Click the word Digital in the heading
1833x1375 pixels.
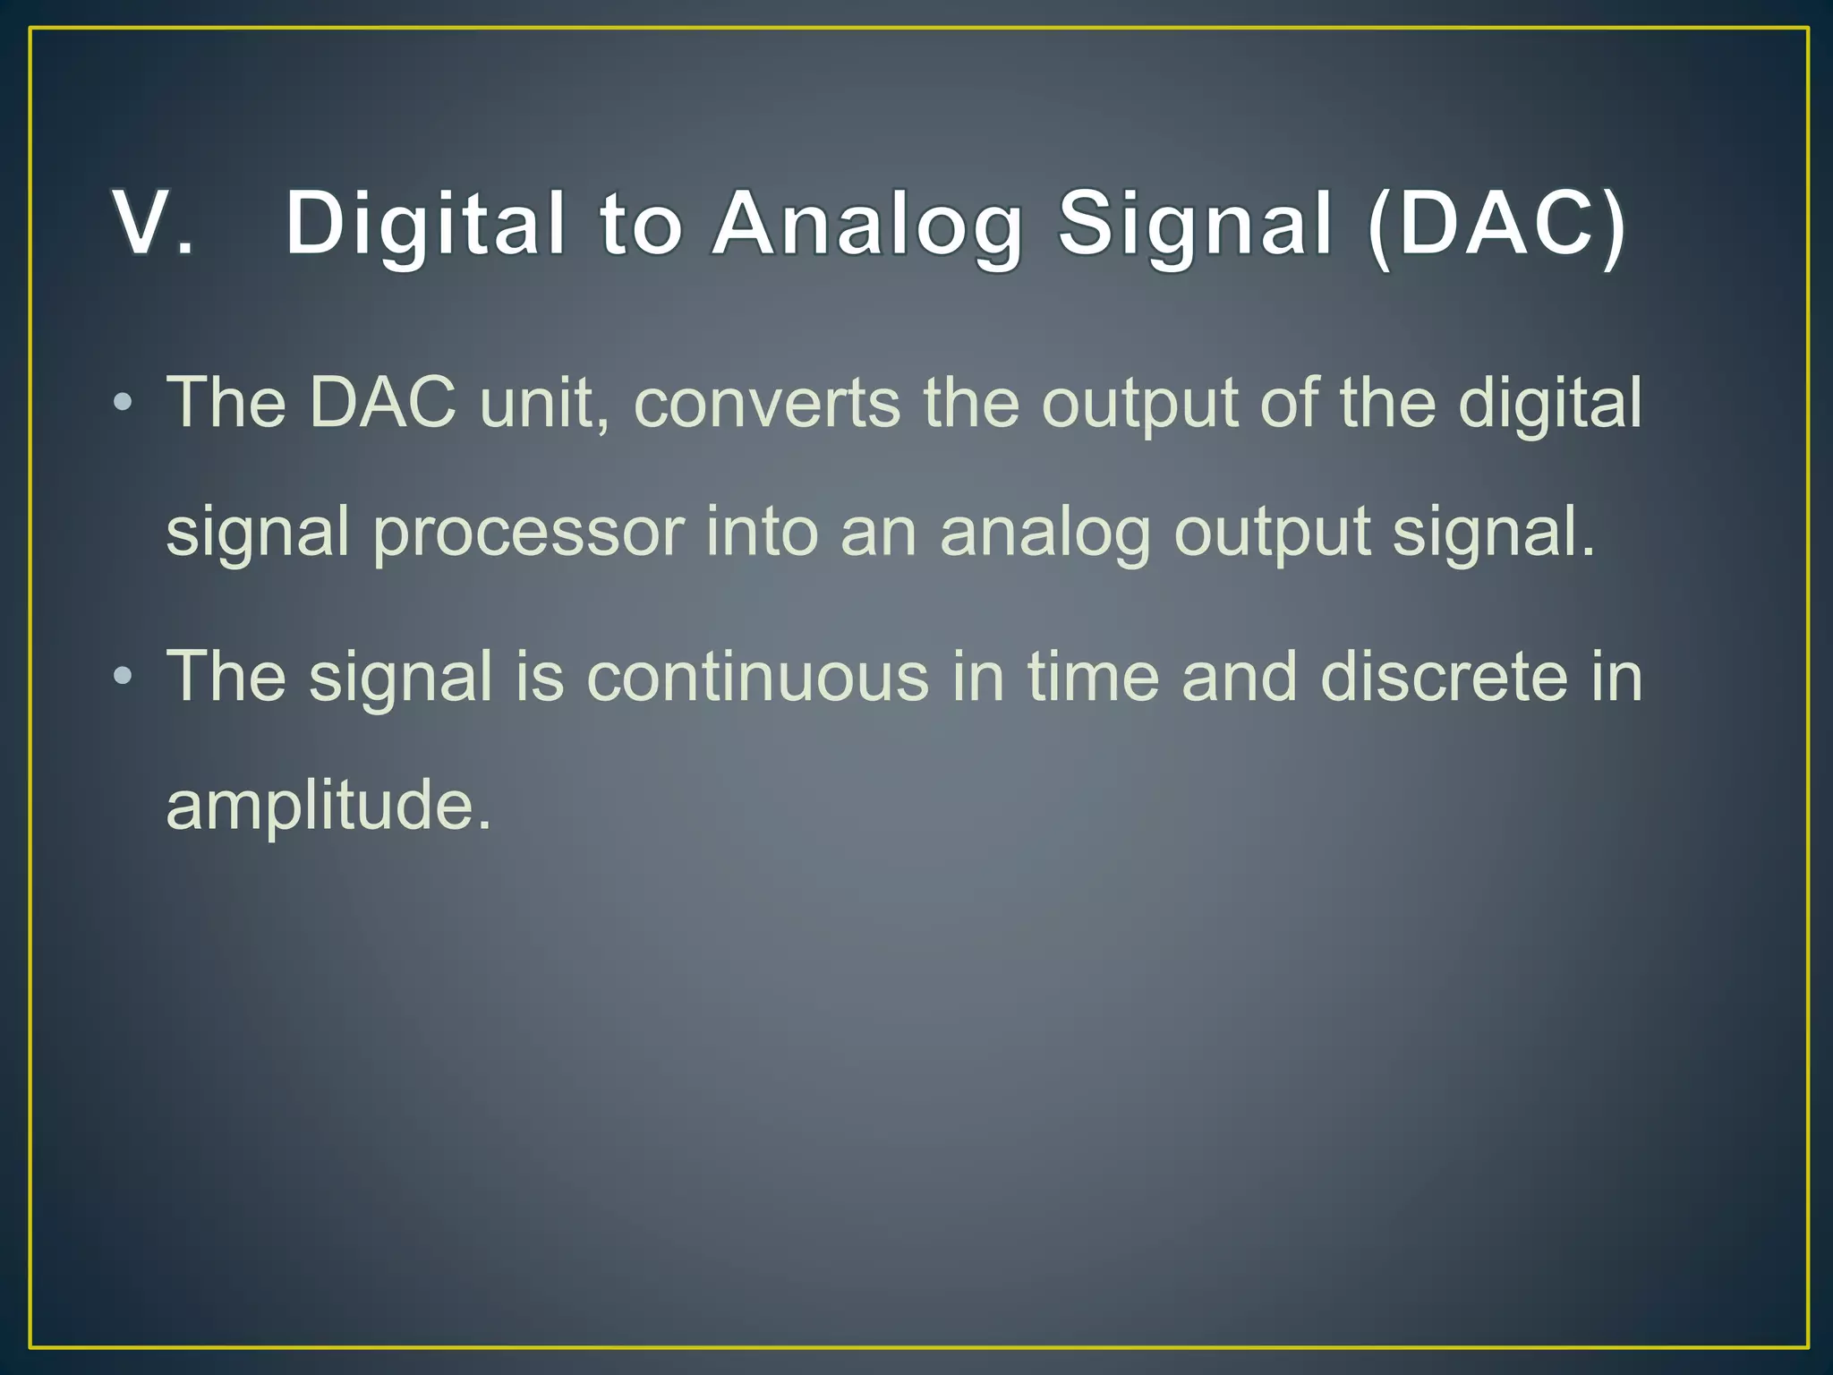tap(426, 223)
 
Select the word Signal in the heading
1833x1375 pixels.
tap(1196, 223)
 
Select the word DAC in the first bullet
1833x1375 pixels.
tap(382, 402)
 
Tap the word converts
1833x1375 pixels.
tap(767, 404)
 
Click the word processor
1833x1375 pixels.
tap(528, 532)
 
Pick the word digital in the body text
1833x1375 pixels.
tap(1550, 402)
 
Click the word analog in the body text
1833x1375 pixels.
tap(1044, 534)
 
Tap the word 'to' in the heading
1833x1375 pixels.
tap(642, 223)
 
